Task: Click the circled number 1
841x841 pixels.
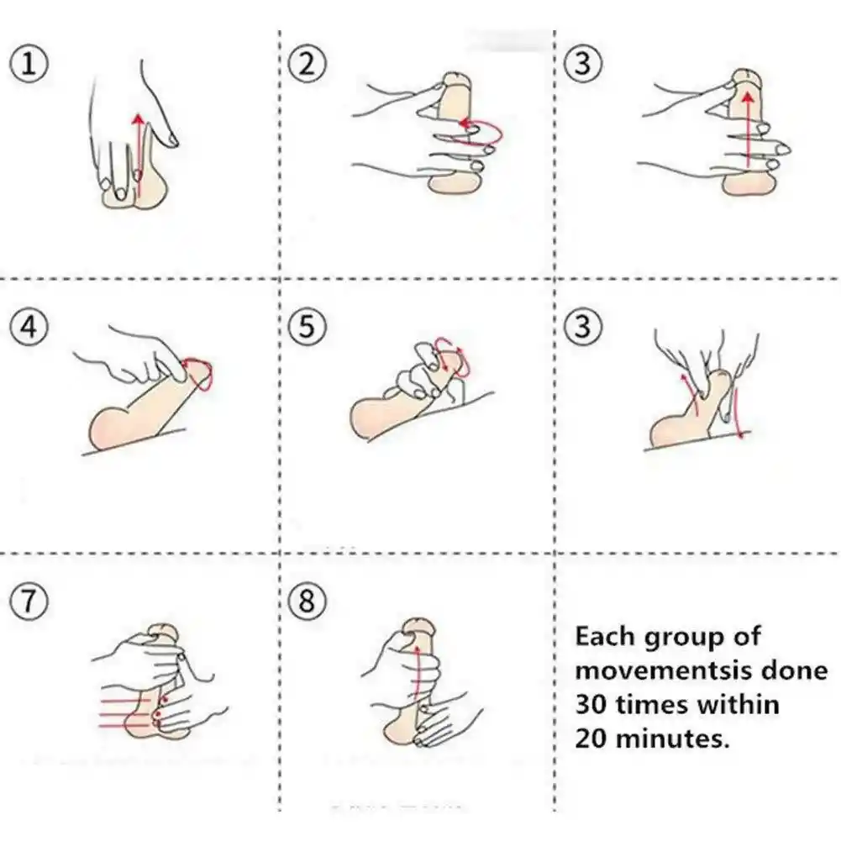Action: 29,63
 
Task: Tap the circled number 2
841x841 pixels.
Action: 307,63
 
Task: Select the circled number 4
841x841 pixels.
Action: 29,327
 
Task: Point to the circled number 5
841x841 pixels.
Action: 307,327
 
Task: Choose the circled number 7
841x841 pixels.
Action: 29,601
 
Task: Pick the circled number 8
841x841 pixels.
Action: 307,601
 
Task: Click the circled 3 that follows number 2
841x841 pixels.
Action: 583,63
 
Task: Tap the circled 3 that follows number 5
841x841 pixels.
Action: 583,327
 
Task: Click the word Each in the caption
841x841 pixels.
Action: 604,637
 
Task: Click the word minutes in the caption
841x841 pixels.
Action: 673,739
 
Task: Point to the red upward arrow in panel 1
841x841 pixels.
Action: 139,155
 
